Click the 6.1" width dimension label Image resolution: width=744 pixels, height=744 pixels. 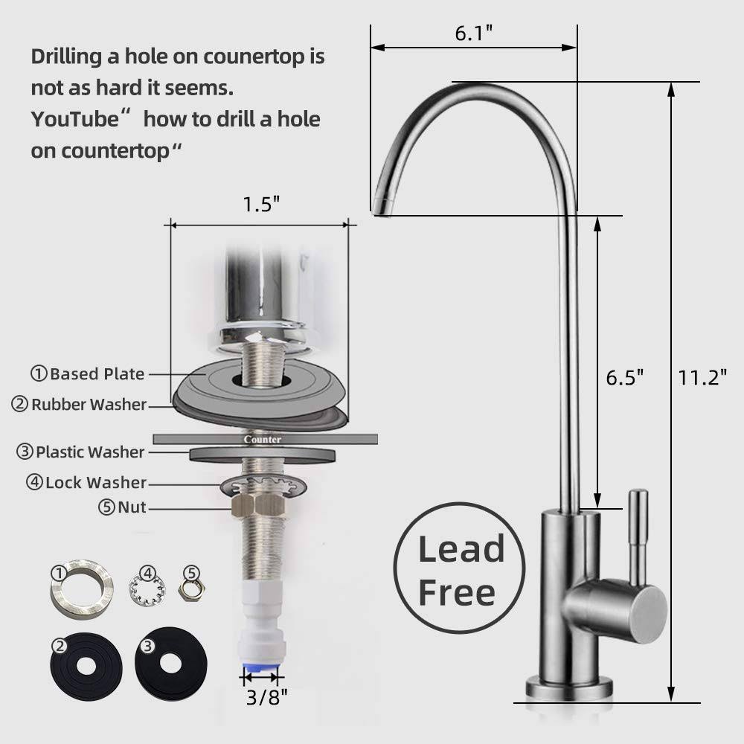(473, 33)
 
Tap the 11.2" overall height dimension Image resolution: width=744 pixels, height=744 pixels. (702, 378)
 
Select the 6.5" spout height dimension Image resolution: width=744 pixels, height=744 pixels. (624, 378)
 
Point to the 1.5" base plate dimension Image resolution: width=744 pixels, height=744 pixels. (261, 205)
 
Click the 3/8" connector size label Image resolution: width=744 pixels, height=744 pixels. (266, 698)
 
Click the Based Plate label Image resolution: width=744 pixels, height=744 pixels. (97, 374)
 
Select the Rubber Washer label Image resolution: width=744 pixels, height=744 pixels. (89, 404)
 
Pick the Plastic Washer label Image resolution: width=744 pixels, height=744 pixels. (90, 452)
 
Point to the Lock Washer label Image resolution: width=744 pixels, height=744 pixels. (96, 483)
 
